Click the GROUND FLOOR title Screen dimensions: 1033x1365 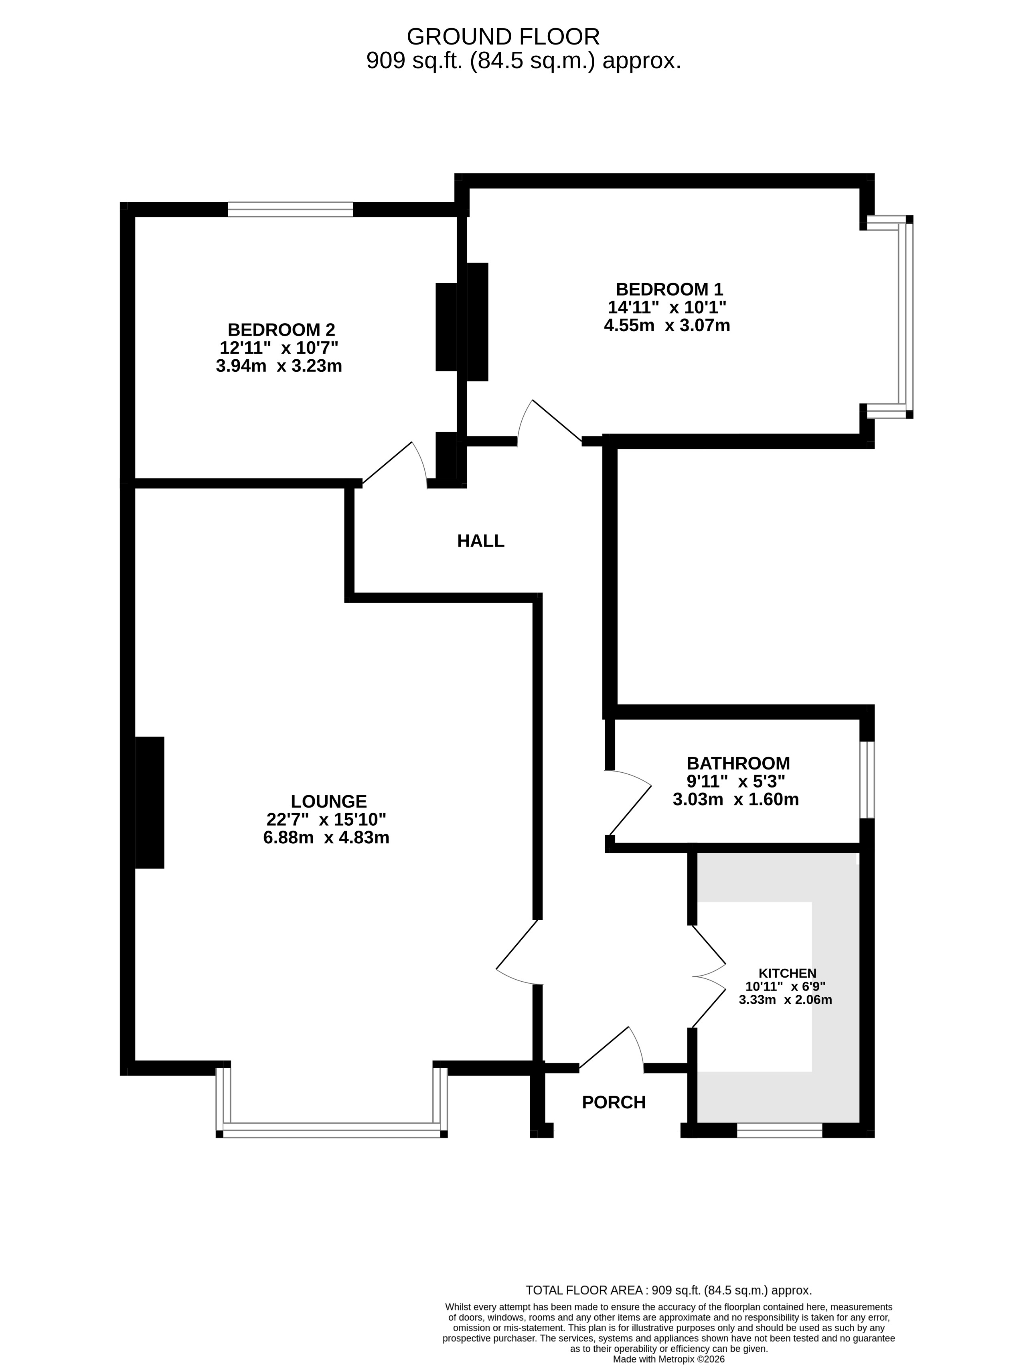[x=503, y=37]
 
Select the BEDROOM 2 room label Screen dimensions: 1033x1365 [x=282, y=330]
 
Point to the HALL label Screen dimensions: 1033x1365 [x=481, y=541]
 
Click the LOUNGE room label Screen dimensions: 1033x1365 [x=329, y=802]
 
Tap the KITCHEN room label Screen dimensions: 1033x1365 [x=788, y=973]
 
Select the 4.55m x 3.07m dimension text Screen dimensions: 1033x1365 [x=667, y=325]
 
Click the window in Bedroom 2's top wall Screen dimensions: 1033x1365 [x=291, y=209]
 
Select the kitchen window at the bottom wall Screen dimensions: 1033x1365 [x=780, y=1130]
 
